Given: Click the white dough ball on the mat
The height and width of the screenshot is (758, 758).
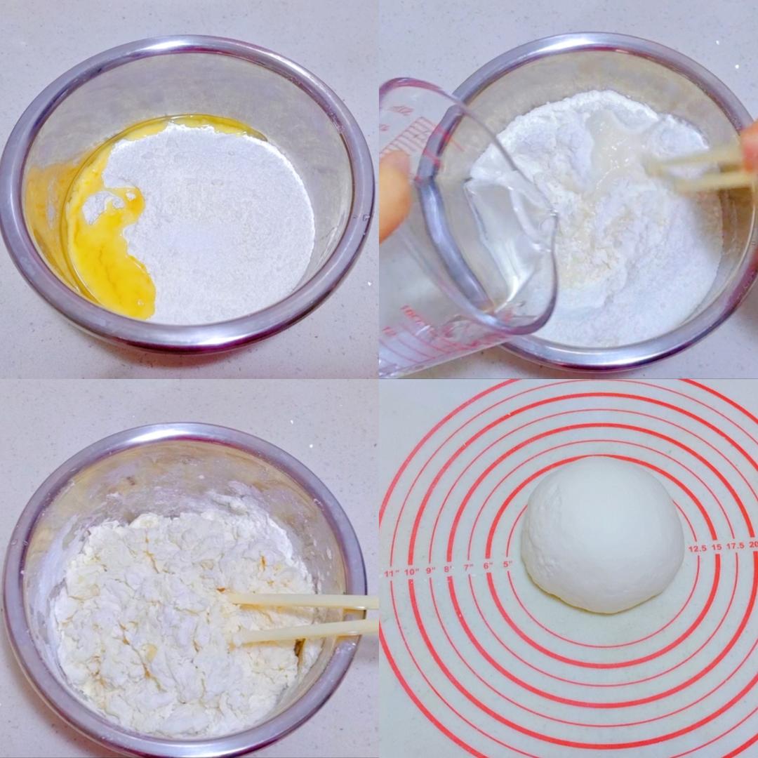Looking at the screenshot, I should tap(602, 535).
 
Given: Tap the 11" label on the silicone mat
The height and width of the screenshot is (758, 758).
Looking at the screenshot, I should tap(391, 573).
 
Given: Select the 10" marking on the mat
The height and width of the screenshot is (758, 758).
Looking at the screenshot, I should tap(411, 571).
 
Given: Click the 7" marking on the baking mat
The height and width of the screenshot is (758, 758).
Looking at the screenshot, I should tap(467, 567).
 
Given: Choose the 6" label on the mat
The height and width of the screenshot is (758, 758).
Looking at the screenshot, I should tap(487, 565).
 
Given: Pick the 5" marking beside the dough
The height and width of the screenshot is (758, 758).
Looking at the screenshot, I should tap(507, 564).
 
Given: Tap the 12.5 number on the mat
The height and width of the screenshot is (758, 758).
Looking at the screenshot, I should tap(697, 548).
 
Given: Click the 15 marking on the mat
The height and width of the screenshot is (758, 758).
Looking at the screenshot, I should tap(716, 547).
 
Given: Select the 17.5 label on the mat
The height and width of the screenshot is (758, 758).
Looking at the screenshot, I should tap(734, 545).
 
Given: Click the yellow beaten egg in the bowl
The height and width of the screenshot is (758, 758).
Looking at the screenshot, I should tap(112, 253).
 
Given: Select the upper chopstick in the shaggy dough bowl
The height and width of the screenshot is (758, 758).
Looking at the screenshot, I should tap(302, 601).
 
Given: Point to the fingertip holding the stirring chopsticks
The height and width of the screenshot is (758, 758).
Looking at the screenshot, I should tap(750, 144).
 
